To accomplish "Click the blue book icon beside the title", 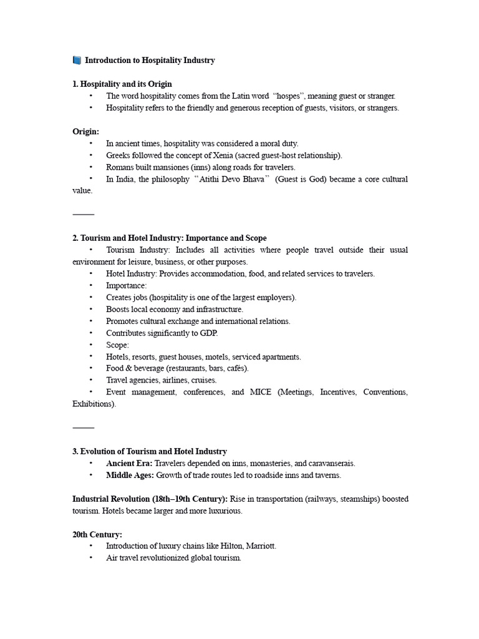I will click(x=77, y=61).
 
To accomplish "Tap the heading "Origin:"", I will click(x=86, y=132).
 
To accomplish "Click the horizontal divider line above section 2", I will click(x=83, y=215).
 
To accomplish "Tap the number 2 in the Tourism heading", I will click(x=75, y=238).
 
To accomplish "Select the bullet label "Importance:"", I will click(x=127, y=286).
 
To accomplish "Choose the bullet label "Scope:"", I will click(x=118, y=345).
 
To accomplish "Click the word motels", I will click(x=216, y=357).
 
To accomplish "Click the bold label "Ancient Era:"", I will click(x=129, y=464).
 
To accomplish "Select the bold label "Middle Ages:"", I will click(x=130, y=476).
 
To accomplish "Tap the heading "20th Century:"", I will click(x=97, y=535).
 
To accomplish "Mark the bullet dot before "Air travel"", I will click(x=90, y=558).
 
